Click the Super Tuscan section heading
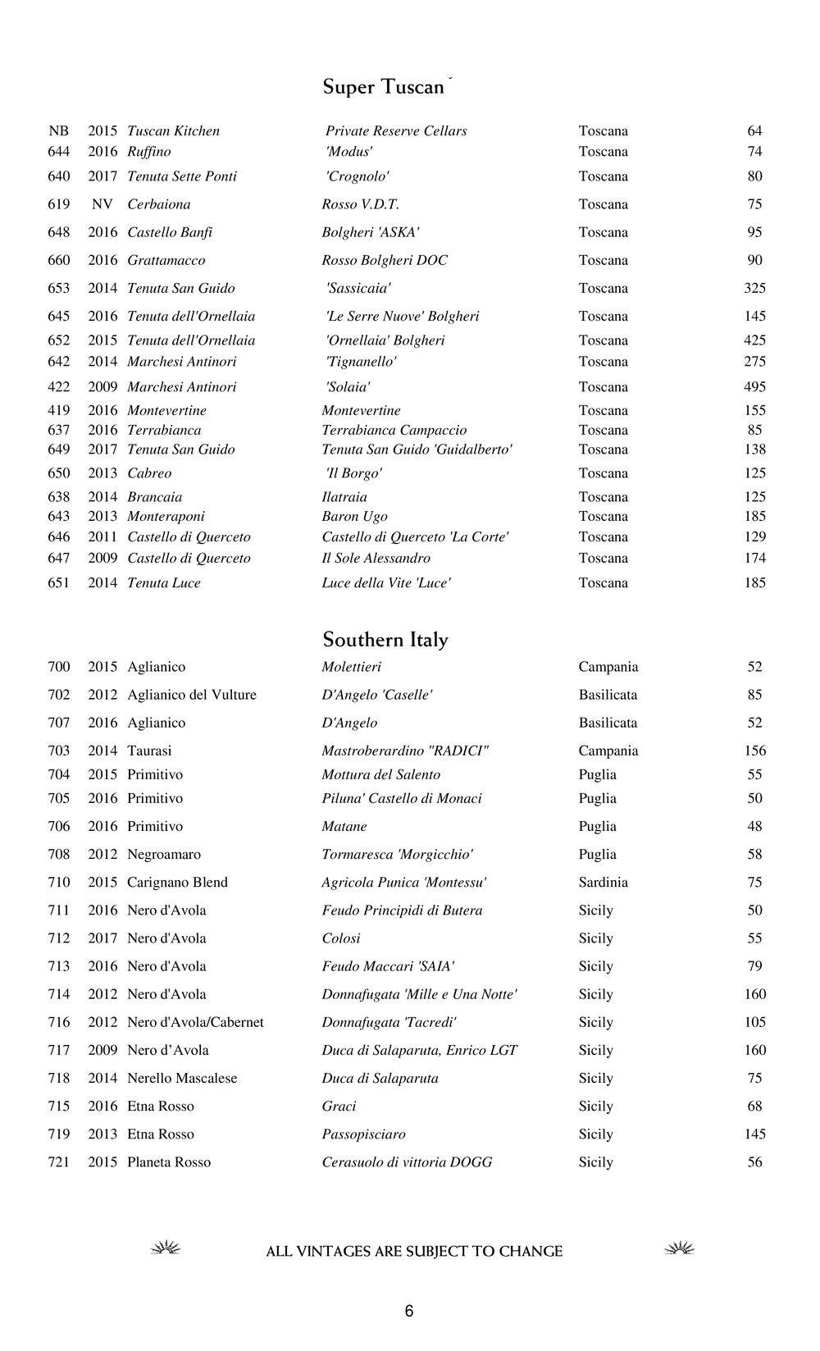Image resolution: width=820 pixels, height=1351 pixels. [x=384, y=87]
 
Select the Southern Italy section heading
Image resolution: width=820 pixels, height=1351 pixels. [x=385, y=640]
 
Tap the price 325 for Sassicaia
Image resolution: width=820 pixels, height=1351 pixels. [x=754, y=289]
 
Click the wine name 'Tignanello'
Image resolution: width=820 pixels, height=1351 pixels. [x=361, y=362]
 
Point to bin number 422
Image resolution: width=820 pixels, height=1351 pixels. [x=59, y=387]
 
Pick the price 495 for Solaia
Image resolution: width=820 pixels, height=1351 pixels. [x=754, y=387]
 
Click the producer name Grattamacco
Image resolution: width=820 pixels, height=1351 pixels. [x=166, y=261]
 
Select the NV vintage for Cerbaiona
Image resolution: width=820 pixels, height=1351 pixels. [x=102, y=205]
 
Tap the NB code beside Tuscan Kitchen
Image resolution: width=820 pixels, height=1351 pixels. [x=59, y=131]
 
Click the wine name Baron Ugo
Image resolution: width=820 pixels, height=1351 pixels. [x=354, y=517]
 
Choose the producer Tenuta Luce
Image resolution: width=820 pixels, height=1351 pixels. [x=164, y=583]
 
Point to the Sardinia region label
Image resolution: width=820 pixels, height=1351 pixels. [x=603, y=883]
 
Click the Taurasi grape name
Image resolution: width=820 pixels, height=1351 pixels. [x=149, y=751]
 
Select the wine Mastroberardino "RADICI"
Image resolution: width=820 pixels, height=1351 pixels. [x=405, y=751]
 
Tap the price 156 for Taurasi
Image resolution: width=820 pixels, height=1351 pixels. [x=754, y=751]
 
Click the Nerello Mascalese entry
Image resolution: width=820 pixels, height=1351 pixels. [x=182, y=1079]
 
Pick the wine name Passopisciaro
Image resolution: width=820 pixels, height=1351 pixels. [x=363, y=1134]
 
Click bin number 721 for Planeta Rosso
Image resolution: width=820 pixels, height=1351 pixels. [x=59, y=1162]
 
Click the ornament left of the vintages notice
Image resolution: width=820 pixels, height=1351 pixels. [x=166, y=1249]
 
